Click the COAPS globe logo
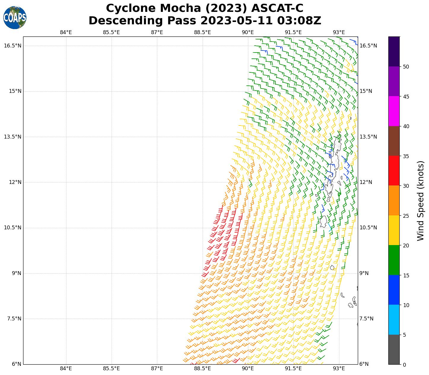tap(15, 18)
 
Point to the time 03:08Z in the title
tap(299, 21)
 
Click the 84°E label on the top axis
tap(66, 32)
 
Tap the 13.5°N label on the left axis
tap(13, 137)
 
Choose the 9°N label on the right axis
tap(364, 273)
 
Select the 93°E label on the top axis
tap(339, 32)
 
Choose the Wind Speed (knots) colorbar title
tap(420, 201)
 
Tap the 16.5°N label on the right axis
tap(368, 46)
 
